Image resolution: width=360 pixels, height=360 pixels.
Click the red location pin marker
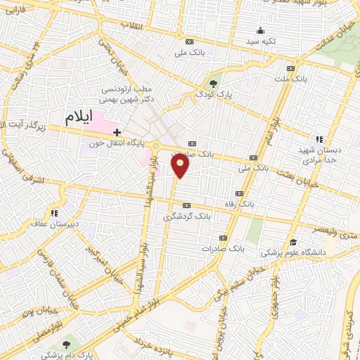point(181,166)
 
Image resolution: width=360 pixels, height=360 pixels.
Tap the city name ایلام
point(79,118)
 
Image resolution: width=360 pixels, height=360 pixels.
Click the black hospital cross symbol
point(117,131)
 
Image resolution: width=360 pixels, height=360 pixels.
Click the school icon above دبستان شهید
point(319,139)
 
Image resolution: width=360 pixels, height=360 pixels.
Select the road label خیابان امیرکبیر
point(96,259)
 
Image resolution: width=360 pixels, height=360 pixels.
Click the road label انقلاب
point(131,25)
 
